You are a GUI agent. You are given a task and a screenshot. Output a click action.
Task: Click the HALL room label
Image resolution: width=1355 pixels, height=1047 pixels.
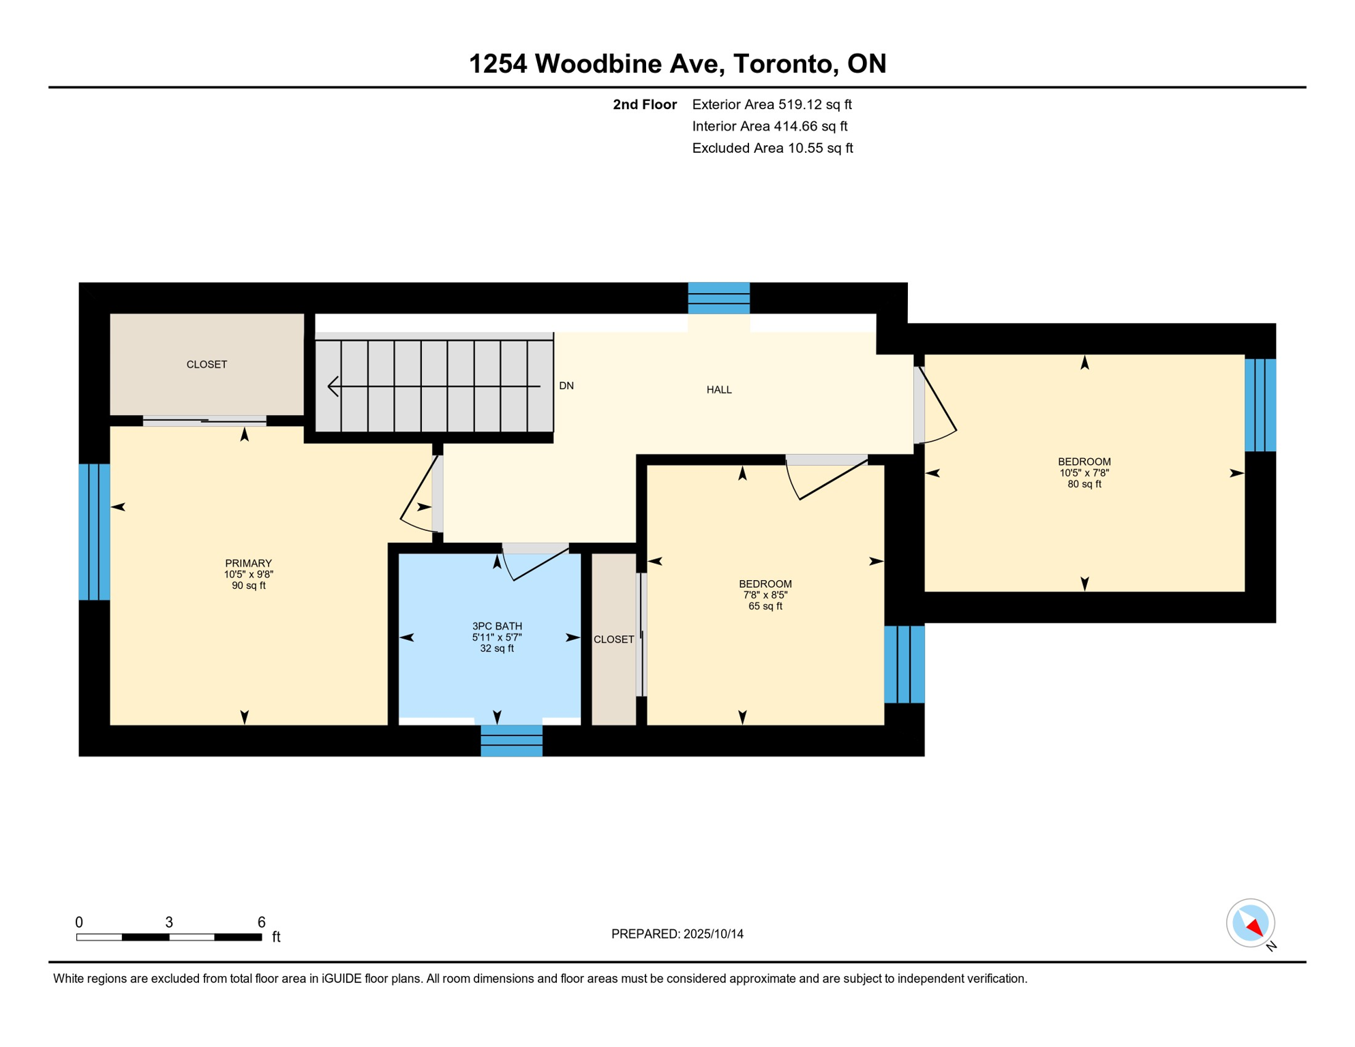pyautogui.click(x=719, y=390)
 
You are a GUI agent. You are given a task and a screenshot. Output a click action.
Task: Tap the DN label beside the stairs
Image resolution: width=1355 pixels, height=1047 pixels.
pyautogui.click(x=566, y=386)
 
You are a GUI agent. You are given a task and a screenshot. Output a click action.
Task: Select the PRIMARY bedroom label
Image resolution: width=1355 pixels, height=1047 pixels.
pyautogui.click(x=249, y=563)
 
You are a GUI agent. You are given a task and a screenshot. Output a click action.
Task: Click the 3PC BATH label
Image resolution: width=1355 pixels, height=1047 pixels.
pyautogui.click(x=498, y=626)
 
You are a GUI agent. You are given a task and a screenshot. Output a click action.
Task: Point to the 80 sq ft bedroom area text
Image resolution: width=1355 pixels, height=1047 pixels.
pyautogui.click(x=1084, y=484)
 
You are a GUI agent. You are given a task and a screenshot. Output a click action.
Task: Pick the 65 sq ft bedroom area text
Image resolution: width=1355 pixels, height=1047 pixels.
pyautogui.click(x=765, y=606)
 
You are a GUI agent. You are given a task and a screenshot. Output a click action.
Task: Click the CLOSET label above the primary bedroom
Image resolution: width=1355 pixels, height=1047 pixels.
pyautogui.click(x=207, y=365)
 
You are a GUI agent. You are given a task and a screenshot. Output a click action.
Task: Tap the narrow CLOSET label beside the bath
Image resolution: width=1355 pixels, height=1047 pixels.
pyautogui.click(x=614, y=639)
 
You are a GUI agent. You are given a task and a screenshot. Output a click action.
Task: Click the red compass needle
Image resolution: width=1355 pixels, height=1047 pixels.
pyautogui.click(x=1255, y=927)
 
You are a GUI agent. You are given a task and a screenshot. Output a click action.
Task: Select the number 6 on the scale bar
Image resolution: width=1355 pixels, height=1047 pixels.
pyautogui.click(x=261, y=922)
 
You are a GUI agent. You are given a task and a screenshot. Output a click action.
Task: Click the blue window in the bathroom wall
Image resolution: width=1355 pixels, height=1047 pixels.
pyautogui.click(x=512, y=740)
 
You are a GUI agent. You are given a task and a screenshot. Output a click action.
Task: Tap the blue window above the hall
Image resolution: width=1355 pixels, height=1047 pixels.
pyautogui.click(x=719, y=299)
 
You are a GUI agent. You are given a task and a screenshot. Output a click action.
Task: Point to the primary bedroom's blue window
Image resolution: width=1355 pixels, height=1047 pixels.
pyautogui.click(x=95, y=532)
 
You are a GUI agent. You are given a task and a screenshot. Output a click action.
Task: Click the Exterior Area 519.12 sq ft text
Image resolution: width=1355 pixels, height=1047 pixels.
pyautogui.click(x=772, y=104)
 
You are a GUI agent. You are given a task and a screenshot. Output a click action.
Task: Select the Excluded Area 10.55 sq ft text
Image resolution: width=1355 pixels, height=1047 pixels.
pyautogui.click(x=773, y=148)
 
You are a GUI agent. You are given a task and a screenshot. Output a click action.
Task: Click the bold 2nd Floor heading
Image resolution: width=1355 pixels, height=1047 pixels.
pyautogui.click(x=645, y=104)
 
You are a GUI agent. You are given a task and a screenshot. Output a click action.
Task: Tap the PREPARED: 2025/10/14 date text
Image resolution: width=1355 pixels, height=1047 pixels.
pyautogui.click(x=677, y=934)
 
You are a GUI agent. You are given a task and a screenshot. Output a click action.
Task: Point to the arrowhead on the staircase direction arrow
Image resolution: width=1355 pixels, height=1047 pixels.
pyautogui.click(x=333, y=386)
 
